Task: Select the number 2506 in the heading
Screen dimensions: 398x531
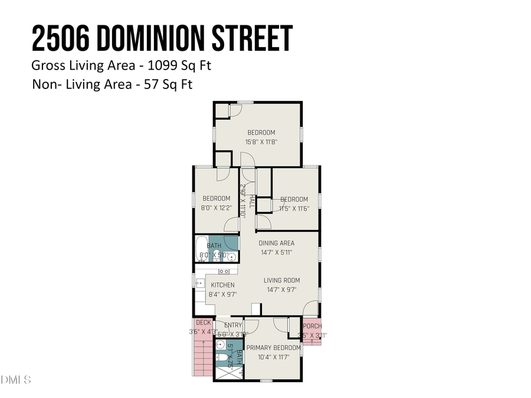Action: (61, 39)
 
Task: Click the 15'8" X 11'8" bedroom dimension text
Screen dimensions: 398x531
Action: (261, 142)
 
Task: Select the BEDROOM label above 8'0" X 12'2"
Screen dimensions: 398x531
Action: (216, 199)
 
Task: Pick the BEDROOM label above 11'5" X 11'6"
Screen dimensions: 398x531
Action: (294, 199)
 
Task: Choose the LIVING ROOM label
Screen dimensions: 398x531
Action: (281, 280)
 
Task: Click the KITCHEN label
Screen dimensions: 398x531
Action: (222, 285)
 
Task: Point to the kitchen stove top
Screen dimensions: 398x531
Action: (224, 271)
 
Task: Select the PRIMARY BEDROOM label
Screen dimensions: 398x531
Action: (273, 348)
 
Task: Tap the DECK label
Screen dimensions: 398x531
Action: (203, 323)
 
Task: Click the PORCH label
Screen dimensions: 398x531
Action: (312, 326)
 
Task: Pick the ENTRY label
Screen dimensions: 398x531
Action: (232, 325)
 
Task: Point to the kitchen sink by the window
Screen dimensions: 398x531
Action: (200, 282)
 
